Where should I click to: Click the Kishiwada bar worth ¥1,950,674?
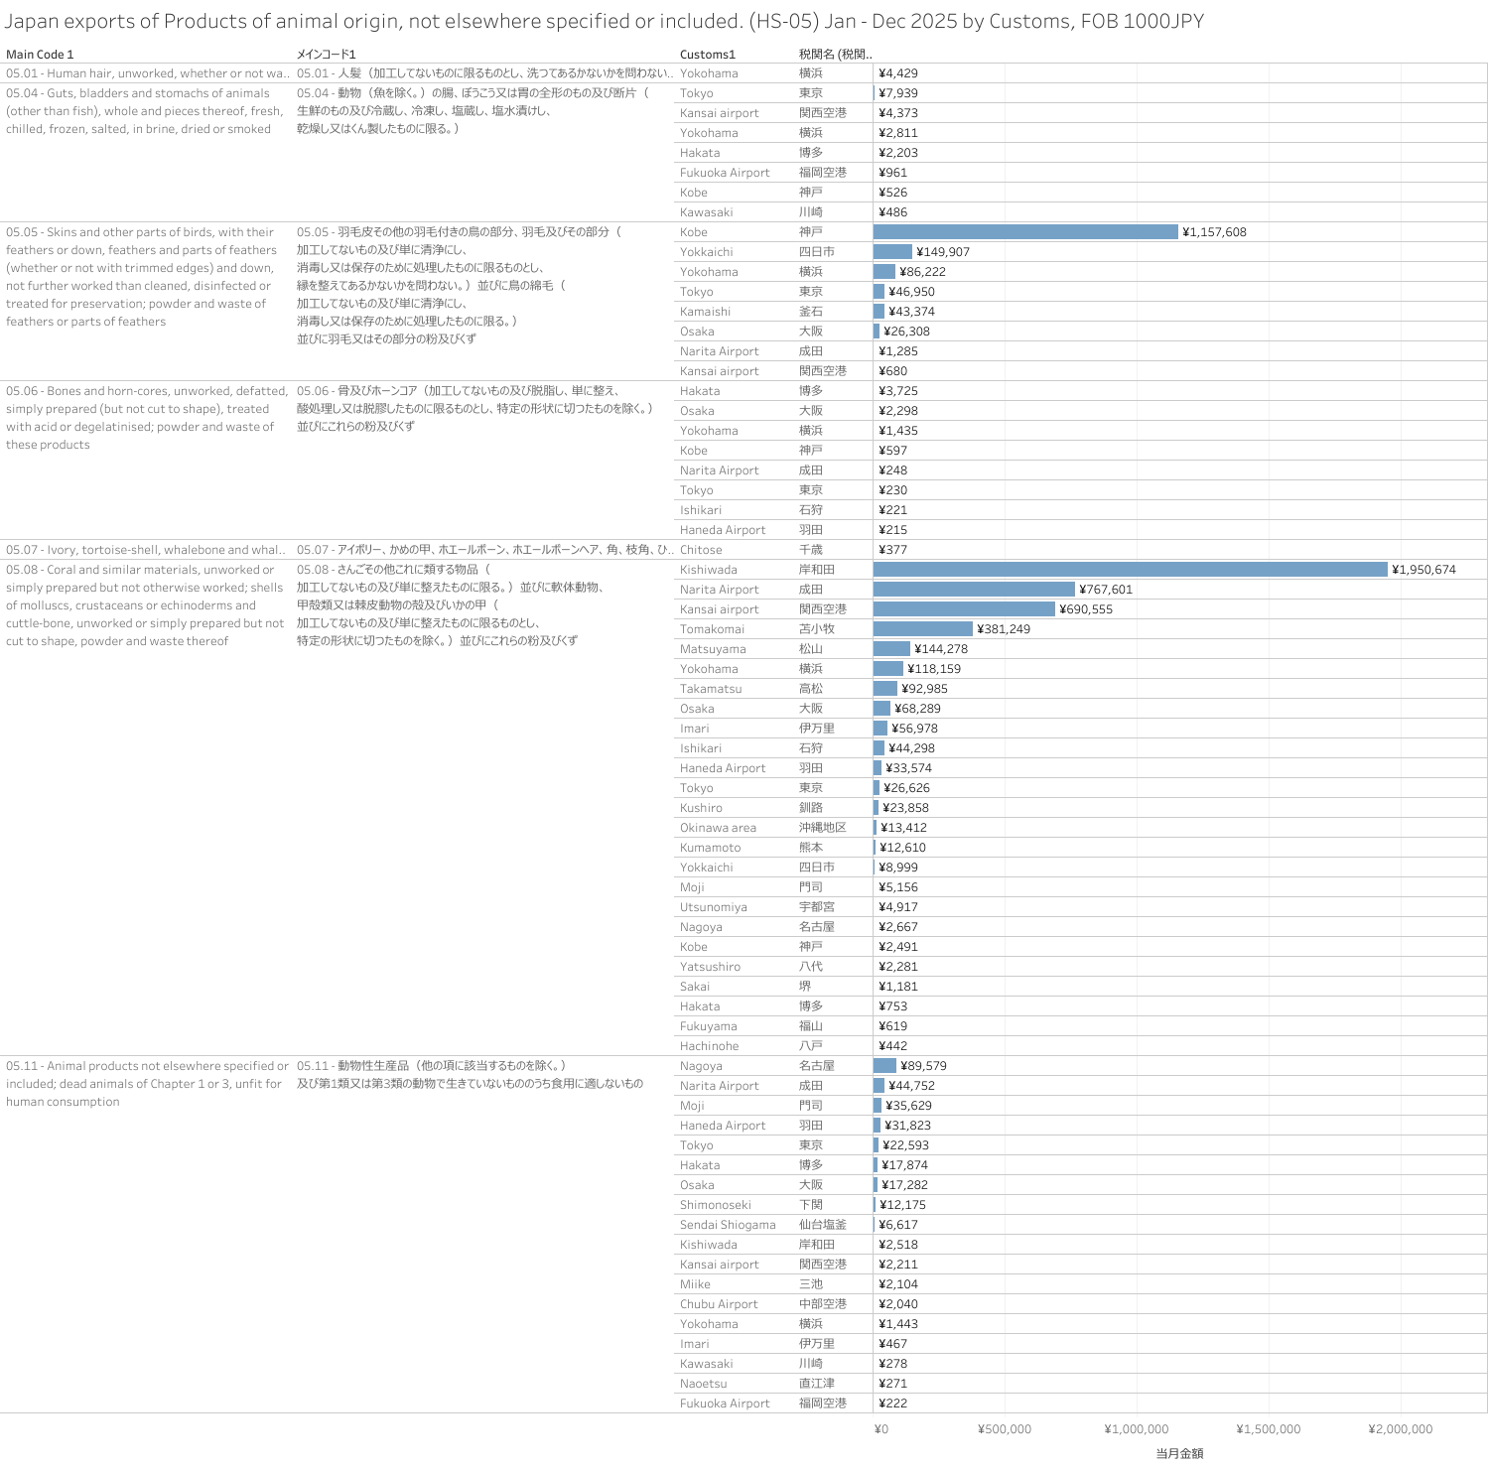(x=1130, y=570)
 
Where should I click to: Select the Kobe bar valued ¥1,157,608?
(x=1025, y=232)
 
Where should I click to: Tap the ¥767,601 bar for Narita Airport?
(x=974, y=590)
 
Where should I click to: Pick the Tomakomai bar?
(x=923, y=629)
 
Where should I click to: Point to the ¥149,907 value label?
(x=943, y=252)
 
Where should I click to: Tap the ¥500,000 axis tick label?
(x=1004, y=1429)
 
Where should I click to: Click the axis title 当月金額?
(x=1179, y=1453)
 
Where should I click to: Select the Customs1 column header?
(x=708, y=55)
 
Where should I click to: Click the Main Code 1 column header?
(x=40, y=55)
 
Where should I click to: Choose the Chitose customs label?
(x=701, y=550)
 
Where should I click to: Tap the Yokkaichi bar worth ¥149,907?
(x=892, y=252)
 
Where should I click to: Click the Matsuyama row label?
(x=713, y=649)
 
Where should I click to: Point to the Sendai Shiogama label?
(x=728, y=1225)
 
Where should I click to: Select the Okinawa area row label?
(x=718, y=828)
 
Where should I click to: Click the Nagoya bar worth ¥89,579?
(x=884, y=1066)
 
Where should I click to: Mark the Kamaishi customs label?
(x=705, y=312)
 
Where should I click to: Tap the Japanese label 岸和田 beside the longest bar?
(x=817, y=570)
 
